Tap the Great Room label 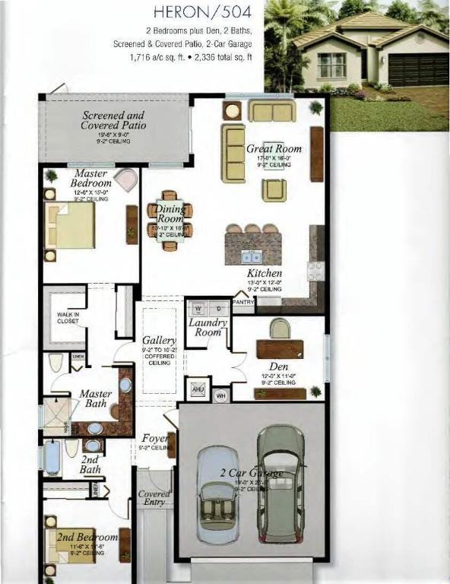click(x=274, y=149)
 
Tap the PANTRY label click(x=243, y=302)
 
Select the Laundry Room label click(x=208, y=327)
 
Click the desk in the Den click(x=280, y=348)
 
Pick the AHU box click(x=198, y=389)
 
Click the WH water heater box click(x=221, y=395)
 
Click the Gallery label click(x=160, y=341)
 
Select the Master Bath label click(x=96, y=399)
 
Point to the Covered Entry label click(x=154, y=499)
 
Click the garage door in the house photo click(x=418, y=69)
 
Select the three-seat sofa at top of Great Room click(x=271, y=111)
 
